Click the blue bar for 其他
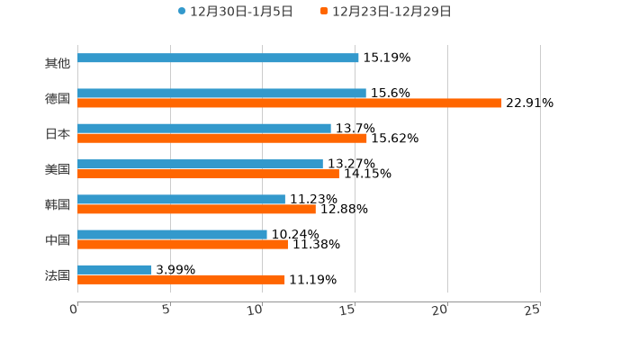pos(218,58)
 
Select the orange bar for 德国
pos(290,103)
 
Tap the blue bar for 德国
pos(221,93)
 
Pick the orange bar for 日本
pos(222,138)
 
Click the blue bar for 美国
pos(200,164)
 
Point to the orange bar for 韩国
pos(196,209)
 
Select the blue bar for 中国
pos(172,234)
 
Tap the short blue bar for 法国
pos(114,269)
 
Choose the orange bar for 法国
pos(181,279)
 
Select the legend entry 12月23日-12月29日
pos(391,12)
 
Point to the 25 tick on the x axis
pos(533,309)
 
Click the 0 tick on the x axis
pos(75,309)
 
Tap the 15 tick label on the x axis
pos(348,309)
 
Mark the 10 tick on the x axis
pos(256,309)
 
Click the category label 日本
pos(58,133)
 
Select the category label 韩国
pos(58,204)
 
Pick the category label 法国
pos(58,274)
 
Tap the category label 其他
pos(58,63)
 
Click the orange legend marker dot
pos(324,12)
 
